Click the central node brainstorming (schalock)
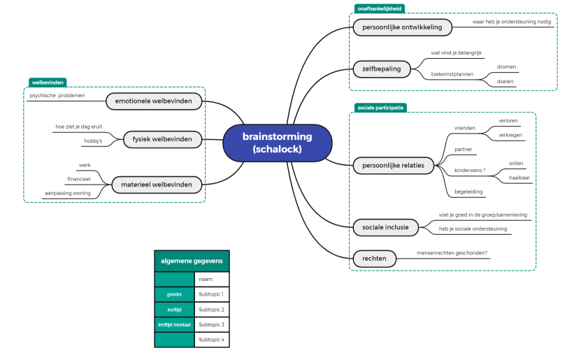click(277, 143)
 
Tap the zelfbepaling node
click(381, 69)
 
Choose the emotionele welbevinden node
click(155, 102)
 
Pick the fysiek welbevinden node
click(162, 140)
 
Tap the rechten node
click(374, 259)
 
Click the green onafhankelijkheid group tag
click(378, 8)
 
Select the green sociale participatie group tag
click(380, 108)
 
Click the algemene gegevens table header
click(192, 261)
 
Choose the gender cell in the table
click(174, 294)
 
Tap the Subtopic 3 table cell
click(211, 324)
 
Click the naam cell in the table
click(211, 279)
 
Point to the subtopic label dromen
click(506, 67)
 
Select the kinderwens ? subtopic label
click(470, 170)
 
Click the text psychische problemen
click(57, 95)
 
